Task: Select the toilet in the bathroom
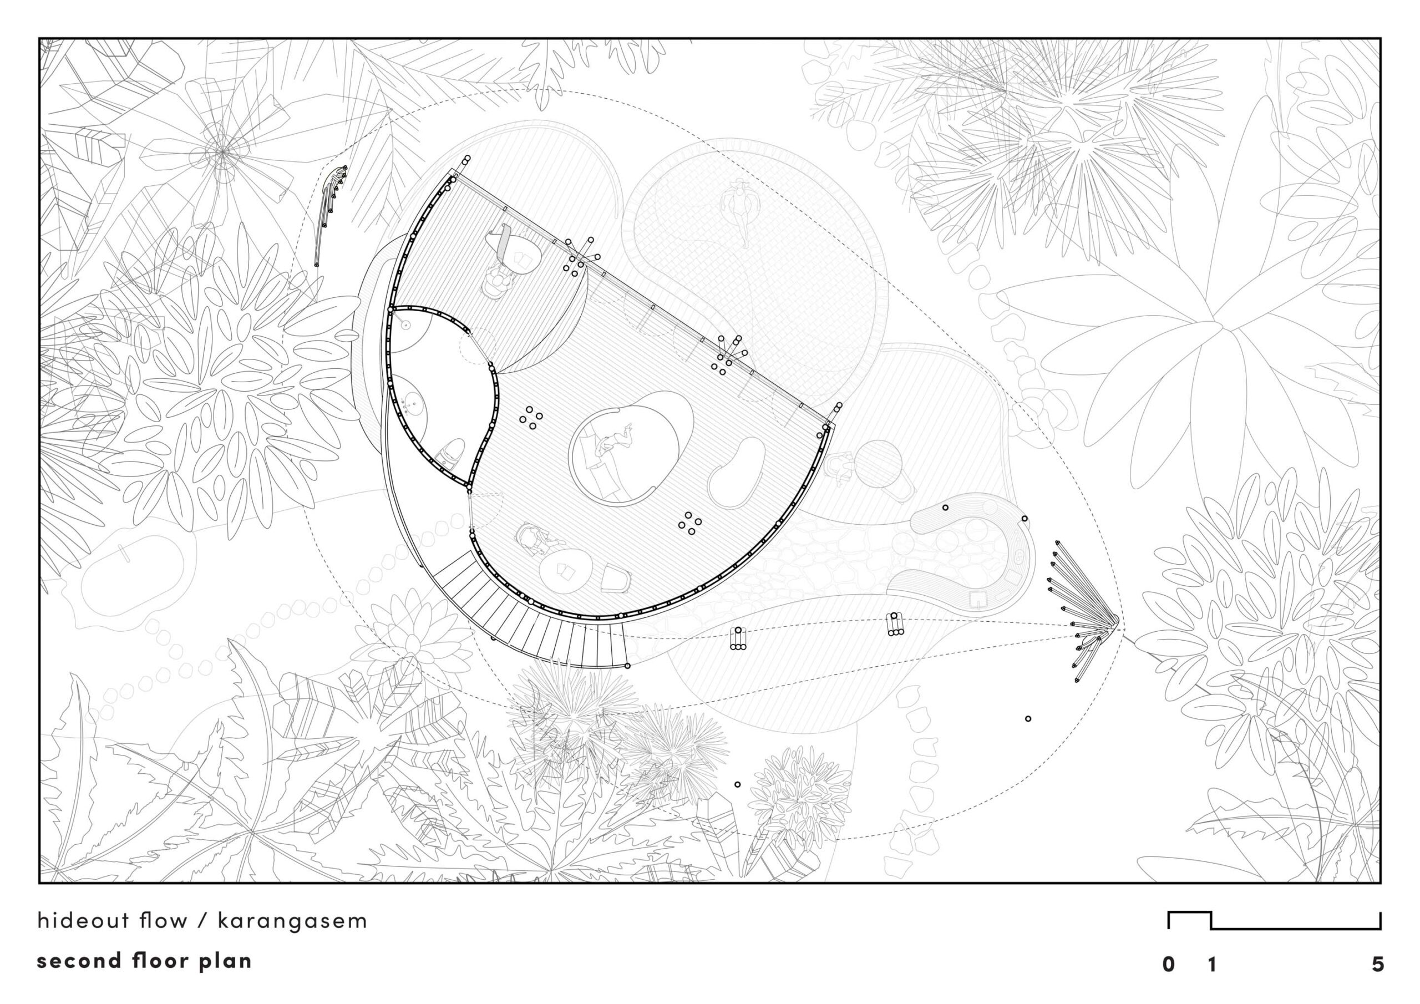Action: tap(450, 453)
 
